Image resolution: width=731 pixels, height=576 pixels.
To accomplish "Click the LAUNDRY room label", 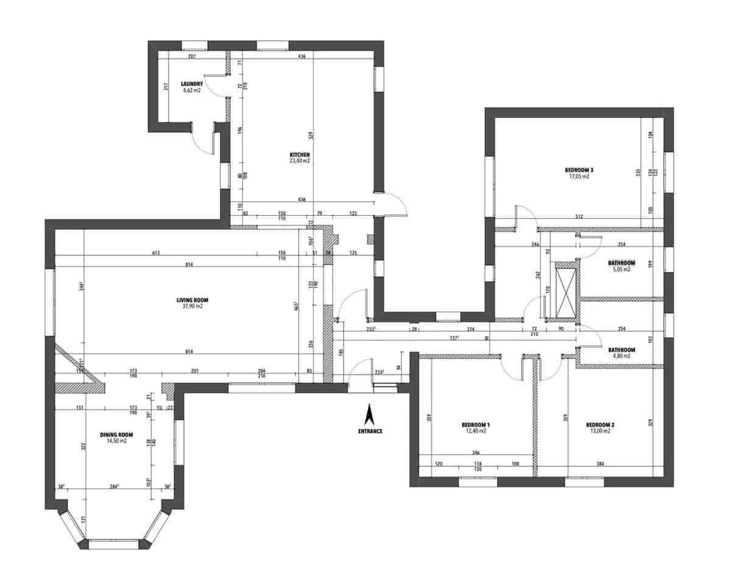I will tap(191, 84).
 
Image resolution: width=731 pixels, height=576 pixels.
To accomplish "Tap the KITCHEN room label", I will tap(300, 155).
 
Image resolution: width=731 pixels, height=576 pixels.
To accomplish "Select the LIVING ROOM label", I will tap(189, 300).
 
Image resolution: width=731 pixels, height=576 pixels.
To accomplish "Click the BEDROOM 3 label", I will tap(579, 170).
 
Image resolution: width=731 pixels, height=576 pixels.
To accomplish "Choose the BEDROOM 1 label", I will tap(476, 424).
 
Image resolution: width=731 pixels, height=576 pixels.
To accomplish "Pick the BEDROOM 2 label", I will tap(600, 424).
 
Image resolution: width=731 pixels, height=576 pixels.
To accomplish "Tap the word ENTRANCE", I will tap(370, 431).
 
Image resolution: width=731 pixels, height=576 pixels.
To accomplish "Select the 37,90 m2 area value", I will tap(190, 307).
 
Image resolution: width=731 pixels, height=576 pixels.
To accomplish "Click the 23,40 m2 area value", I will tap(300, 162).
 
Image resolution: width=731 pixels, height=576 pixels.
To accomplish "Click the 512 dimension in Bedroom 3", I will tap(580, 217).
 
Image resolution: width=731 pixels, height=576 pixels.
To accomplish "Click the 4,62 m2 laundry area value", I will tap(191, 90).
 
